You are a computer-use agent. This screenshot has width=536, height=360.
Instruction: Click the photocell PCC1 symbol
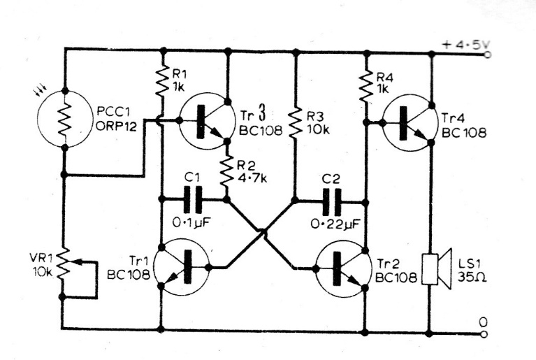pyautogui.click(x=64, y=119)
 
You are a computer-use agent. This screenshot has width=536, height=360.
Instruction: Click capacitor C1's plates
pyautogui.click(x=194, y=200)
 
